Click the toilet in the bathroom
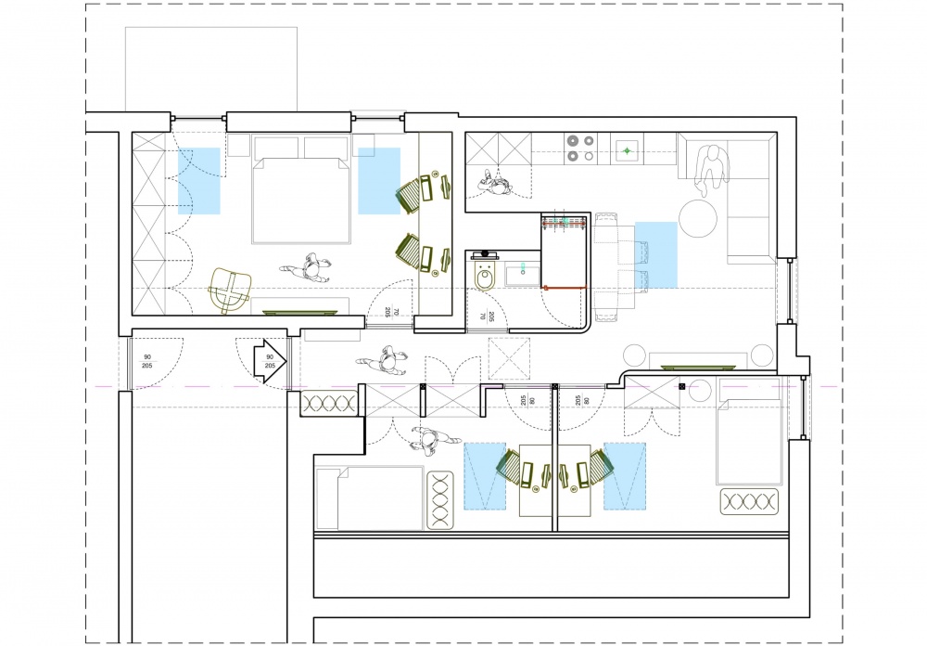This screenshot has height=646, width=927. (486, 276)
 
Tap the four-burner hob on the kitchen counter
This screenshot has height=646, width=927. (580, 148)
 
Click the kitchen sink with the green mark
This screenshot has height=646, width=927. (627, 150)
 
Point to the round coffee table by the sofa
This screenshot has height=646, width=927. (698, 218)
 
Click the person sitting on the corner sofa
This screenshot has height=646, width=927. (711, 170)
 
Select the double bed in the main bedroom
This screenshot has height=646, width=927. (301, 190)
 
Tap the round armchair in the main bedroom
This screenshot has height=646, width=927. (230, 291)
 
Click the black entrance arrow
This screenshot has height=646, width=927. (270, 362)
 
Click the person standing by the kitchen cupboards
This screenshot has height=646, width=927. (495, 183)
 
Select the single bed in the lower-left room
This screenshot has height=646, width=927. (370, 498)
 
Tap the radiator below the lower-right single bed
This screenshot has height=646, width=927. (749, 501)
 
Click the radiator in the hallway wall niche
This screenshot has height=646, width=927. (329, 404)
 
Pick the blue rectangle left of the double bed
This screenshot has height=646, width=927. (199, 181)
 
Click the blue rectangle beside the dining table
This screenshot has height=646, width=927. (656, 254)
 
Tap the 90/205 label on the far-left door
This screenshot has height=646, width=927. (146, 361)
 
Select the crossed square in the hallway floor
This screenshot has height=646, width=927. (509, 358)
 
